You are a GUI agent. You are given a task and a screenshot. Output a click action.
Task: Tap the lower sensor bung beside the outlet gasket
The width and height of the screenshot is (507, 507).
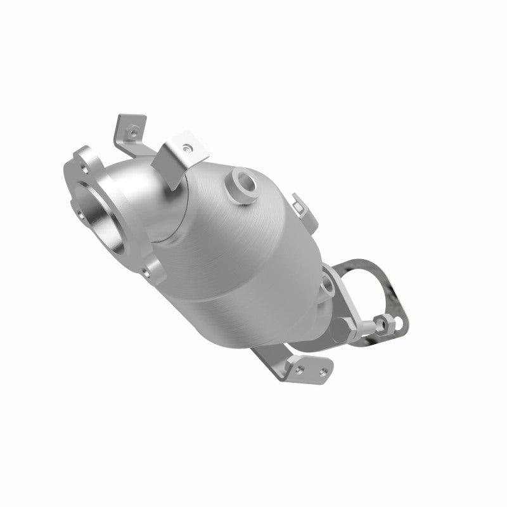coord(328,287)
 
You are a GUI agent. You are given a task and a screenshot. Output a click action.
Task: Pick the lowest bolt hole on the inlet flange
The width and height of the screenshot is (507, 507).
coord(146,274)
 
